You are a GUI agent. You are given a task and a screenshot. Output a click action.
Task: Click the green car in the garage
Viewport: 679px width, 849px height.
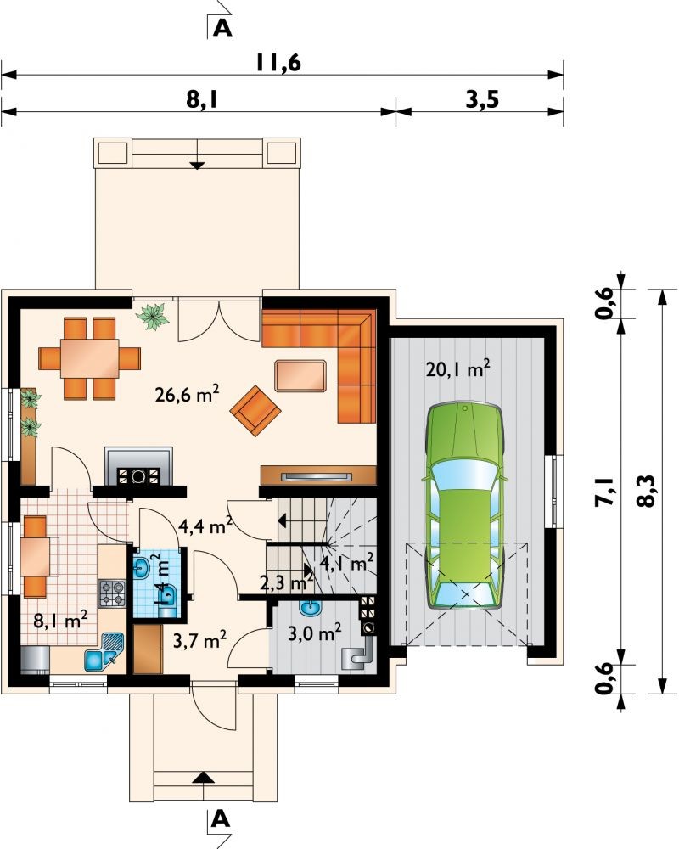click(x=465, y=506)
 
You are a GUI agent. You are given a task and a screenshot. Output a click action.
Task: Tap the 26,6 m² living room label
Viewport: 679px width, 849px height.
click(x=187, y=394)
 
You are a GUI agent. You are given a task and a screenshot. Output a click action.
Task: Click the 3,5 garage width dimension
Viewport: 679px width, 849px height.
click(x=482, y=100)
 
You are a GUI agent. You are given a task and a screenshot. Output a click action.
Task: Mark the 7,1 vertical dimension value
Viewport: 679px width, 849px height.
click(x=604, y=492)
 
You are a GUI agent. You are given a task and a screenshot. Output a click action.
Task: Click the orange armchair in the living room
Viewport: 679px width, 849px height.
click(x=255, y=410)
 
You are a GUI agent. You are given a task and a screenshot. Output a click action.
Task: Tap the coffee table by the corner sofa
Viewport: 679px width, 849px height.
click(x=300, y=375)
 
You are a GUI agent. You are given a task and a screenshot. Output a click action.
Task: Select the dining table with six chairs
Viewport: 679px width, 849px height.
click(x=90, y=358)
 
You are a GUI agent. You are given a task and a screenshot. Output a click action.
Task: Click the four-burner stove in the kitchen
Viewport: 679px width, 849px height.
click(x=111, y=593)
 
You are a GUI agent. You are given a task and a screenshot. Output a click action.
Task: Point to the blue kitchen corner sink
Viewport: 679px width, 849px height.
click(x=104, y=652)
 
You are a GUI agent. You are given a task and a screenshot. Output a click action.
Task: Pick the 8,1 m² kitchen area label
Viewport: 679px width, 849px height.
click(x=60, y=621)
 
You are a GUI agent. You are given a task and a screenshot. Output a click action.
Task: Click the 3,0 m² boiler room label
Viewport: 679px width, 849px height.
click(x=314, y=632)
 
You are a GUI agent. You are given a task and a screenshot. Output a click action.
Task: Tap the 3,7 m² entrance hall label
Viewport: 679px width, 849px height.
click(x=199, y=640)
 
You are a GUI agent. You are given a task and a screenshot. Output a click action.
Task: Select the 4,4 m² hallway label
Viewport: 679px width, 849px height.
click(x=205, y=526)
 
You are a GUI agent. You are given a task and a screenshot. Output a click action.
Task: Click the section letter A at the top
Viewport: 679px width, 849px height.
click(x=222, y=28)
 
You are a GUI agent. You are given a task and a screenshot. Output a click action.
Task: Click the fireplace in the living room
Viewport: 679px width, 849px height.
click(x=138, y=466)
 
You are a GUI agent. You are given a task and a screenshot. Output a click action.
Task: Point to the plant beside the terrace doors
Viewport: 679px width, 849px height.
click(x=154, y=316)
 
